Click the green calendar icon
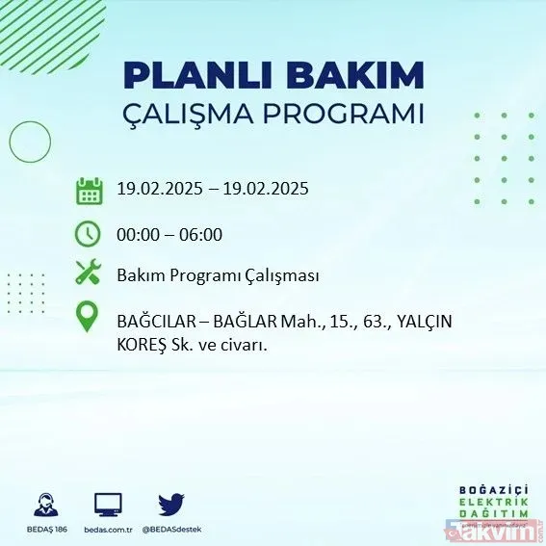[x=89, y=190]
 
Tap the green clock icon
[x=89, y=233]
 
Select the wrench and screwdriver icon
[x=89, y=274]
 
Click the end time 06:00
[x=200, y=233]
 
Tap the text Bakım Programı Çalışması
[x=218, y=275]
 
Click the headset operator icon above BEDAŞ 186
[x=44, y=504]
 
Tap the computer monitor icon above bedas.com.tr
[x=108, y=504]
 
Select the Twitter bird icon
[x=171, y=504]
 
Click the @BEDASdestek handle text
[x=172, y=530]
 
